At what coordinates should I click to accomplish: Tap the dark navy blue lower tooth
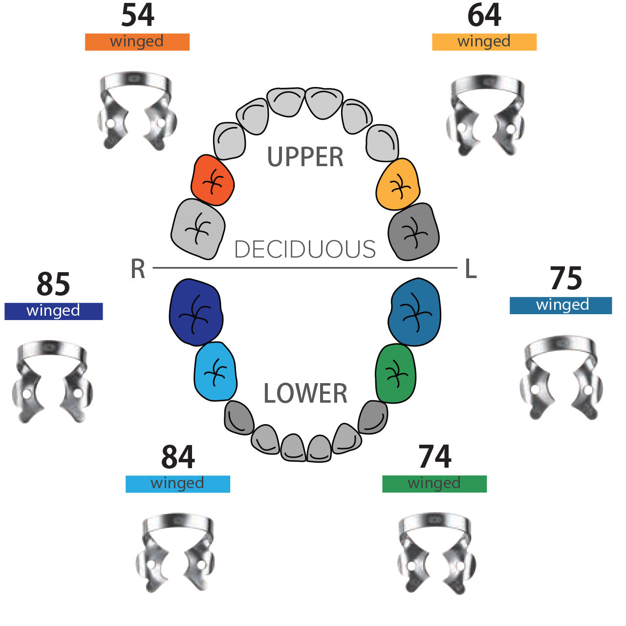195,313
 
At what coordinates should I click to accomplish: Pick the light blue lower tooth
215,371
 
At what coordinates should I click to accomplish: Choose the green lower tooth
396,373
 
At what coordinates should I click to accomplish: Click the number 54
138,16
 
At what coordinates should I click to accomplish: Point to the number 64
484,16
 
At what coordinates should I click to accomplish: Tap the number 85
53,284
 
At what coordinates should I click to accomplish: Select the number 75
566,279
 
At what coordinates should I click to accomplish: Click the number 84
178,457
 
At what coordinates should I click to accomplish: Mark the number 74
434,457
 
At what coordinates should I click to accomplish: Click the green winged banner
434,484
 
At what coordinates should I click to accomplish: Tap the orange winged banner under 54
137,42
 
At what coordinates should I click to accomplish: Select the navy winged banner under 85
54,311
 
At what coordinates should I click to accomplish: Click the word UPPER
305,157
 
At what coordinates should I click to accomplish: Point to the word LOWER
305,394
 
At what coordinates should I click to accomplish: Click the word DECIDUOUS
305,250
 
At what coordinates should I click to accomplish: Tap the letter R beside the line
138,269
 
